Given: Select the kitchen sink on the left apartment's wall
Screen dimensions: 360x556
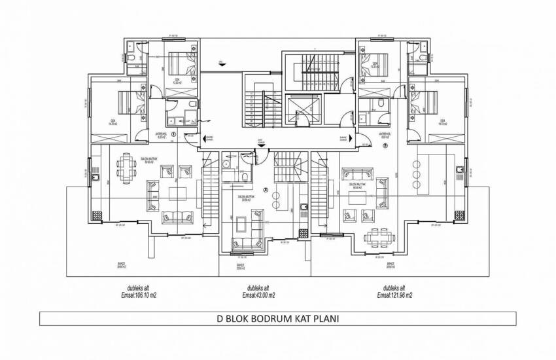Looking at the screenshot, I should pyautogui.click(x=96, y=177).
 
